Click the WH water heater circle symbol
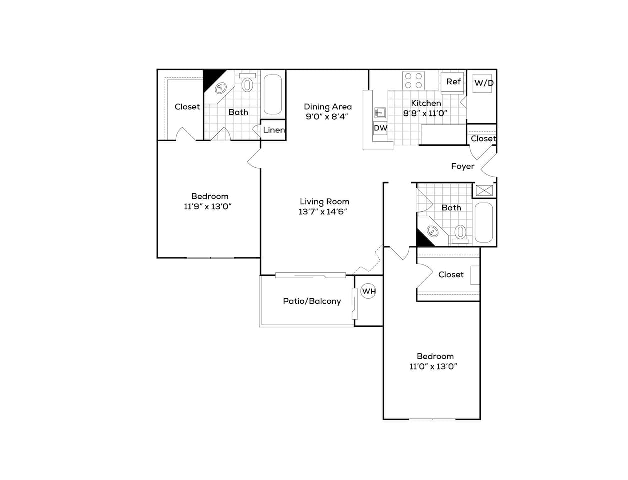coord(368,291)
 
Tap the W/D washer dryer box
coord(483,83)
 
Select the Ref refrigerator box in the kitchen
coord(453,82)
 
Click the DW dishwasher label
coord(380,128)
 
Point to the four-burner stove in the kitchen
coord(414,81)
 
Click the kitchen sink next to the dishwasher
coord(380,112)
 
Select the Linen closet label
coord(274,130)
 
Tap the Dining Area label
coord(328,106)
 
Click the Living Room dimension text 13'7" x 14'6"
coord(323,211)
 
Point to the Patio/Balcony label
coord(312,301)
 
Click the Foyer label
coord(462,166)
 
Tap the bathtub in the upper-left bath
coord(273,95)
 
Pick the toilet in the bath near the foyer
coord(460,233)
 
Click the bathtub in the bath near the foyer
coord(484,222)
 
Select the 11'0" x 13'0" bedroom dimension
coord(434,366)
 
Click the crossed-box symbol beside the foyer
coord(484,190)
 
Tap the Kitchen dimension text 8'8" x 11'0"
coord(425,113)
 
